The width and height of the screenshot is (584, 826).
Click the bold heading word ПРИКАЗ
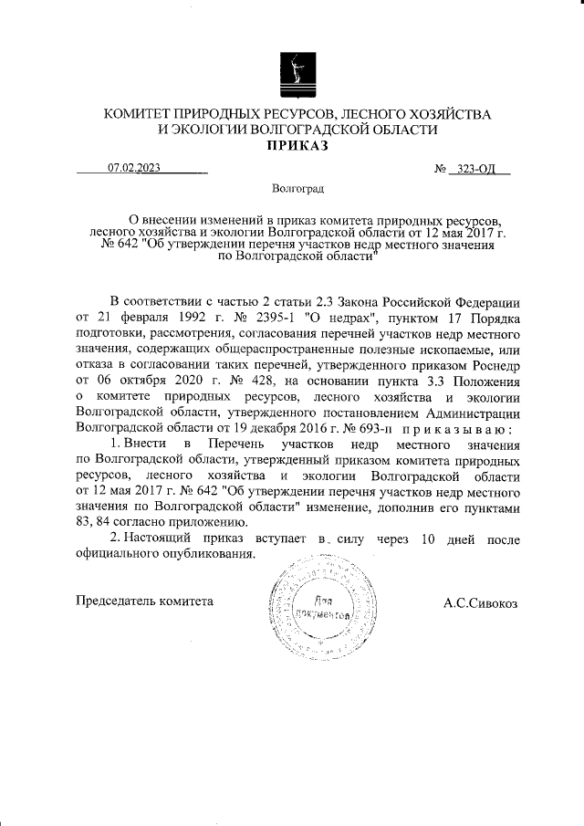(297, 146)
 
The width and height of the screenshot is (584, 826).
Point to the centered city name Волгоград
(297, 189)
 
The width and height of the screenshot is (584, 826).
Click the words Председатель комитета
(144, 601)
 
